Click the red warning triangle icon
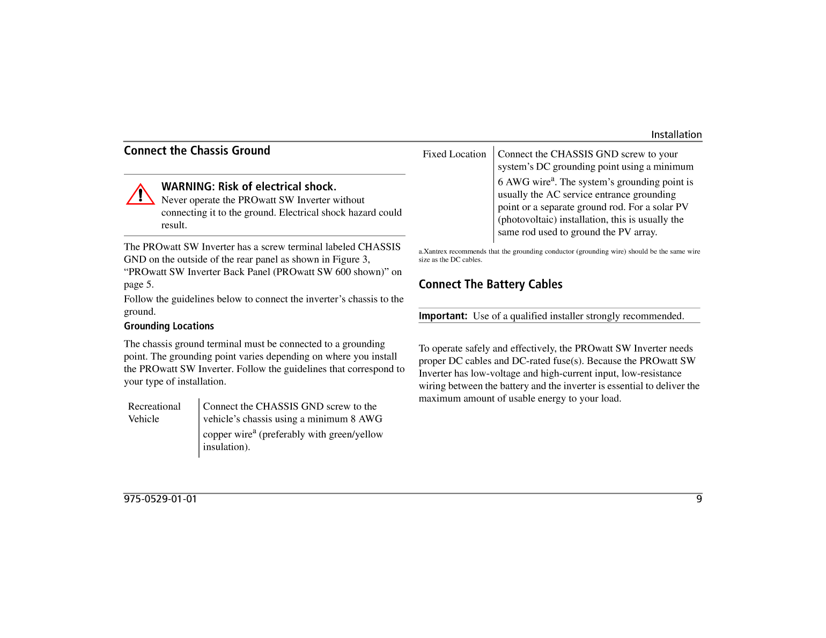[x=140, y=195]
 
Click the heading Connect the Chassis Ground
[x=197, y=151]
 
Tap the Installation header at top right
[x=676, y=135]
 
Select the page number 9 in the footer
[x=698, y=499]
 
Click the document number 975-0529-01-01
[x=160, y=499]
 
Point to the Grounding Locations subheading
[x=169, y=326]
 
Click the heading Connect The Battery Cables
[x=490, y=284]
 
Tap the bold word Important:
[x=443, y=316]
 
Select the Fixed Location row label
[x=454, y=154]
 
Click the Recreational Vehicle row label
[x=154, y=412]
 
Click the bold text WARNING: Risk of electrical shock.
[x=249, y=187]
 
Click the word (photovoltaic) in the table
[x=526, y=220]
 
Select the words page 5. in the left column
[x=138, y=285]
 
